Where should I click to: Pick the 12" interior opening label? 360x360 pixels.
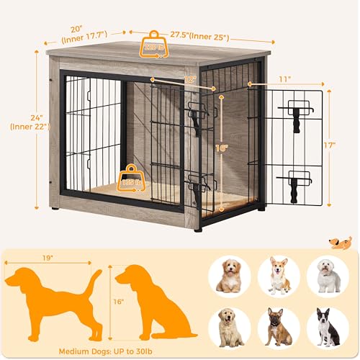point(189,79)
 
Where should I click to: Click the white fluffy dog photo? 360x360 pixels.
point(328,275)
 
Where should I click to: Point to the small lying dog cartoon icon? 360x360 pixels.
point(340,243)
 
